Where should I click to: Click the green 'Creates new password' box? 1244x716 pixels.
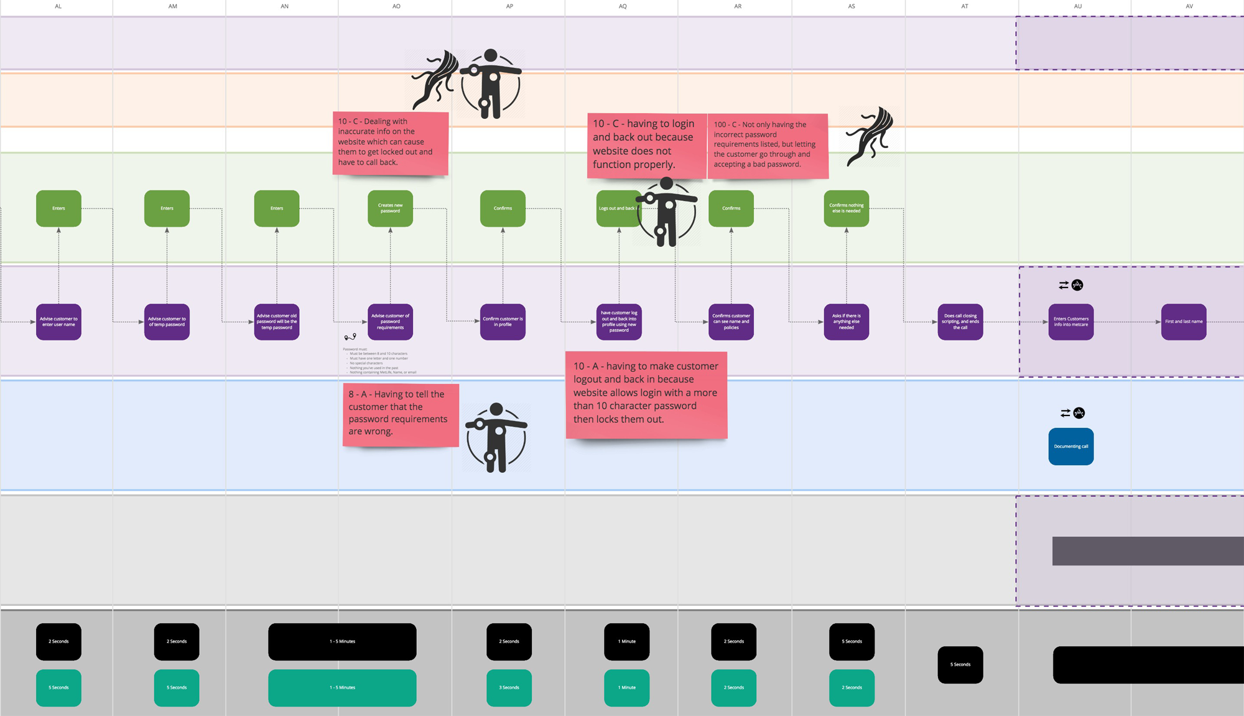point(390,208)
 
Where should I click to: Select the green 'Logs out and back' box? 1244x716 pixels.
point(616,208)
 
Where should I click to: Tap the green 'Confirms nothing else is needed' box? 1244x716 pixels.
point(846,208)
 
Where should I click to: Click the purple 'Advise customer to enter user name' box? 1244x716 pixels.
point(58,322)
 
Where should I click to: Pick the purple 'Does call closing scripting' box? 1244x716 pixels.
point(960,322)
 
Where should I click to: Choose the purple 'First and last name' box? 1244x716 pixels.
point(1183,322)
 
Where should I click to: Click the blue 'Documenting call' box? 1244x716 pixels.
point(1070,447)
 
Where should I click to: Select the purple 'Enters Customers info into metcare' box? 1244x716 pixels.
point(1070,322)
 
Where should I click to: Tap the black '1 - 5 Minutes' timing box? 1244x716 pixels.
point(342,641)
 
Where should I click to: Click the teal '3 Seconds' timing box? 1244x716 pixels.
point(509,687)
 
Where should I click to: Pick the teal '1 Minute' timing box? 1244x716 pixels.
point(626,687)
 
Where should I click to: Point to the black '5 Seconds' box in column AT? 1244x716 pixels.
point(960,664)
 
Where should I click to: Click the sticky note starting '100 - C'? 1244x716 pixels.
point(768,146)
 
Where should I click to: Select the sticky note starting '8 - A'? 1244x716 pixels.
point(401,414)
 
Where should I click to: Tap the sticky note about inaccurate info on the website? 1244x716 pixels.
point(390,143)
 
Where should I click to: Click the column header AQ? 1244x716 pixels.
point(622,6)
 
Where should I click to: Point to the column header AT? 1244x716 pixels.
point(964,6)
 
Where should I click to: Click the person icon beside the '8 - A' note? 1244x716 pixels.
point(496,437)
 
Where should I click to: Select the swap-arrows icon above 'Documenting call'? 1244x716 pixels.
point(1065,413)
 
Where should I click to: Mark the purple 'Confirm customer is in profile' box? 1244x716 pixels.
point(503,322)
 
